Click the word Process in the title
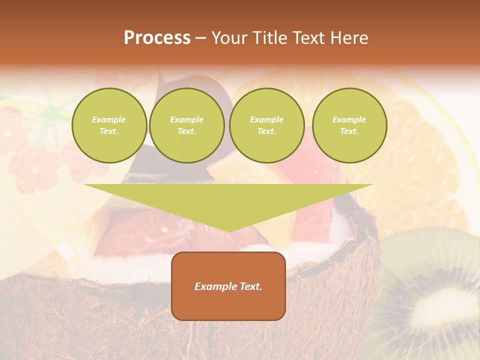coord(157,38)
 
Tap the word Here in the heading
coord(348,38)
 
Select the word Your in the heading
coord(229,38)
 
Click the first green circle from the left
coord(109,125)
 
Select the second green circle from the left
coord(187,125)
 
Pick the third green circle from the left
coord(267,125)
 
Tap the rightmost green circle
coord(349,125)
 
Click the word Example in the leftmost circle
coord(109,119)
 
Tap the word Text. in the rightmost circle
coord(349,131)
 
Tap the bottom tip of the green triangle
coord(228,230)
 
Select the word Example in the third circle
coord(266,119)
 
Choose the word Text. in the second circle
coord(187,131)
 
